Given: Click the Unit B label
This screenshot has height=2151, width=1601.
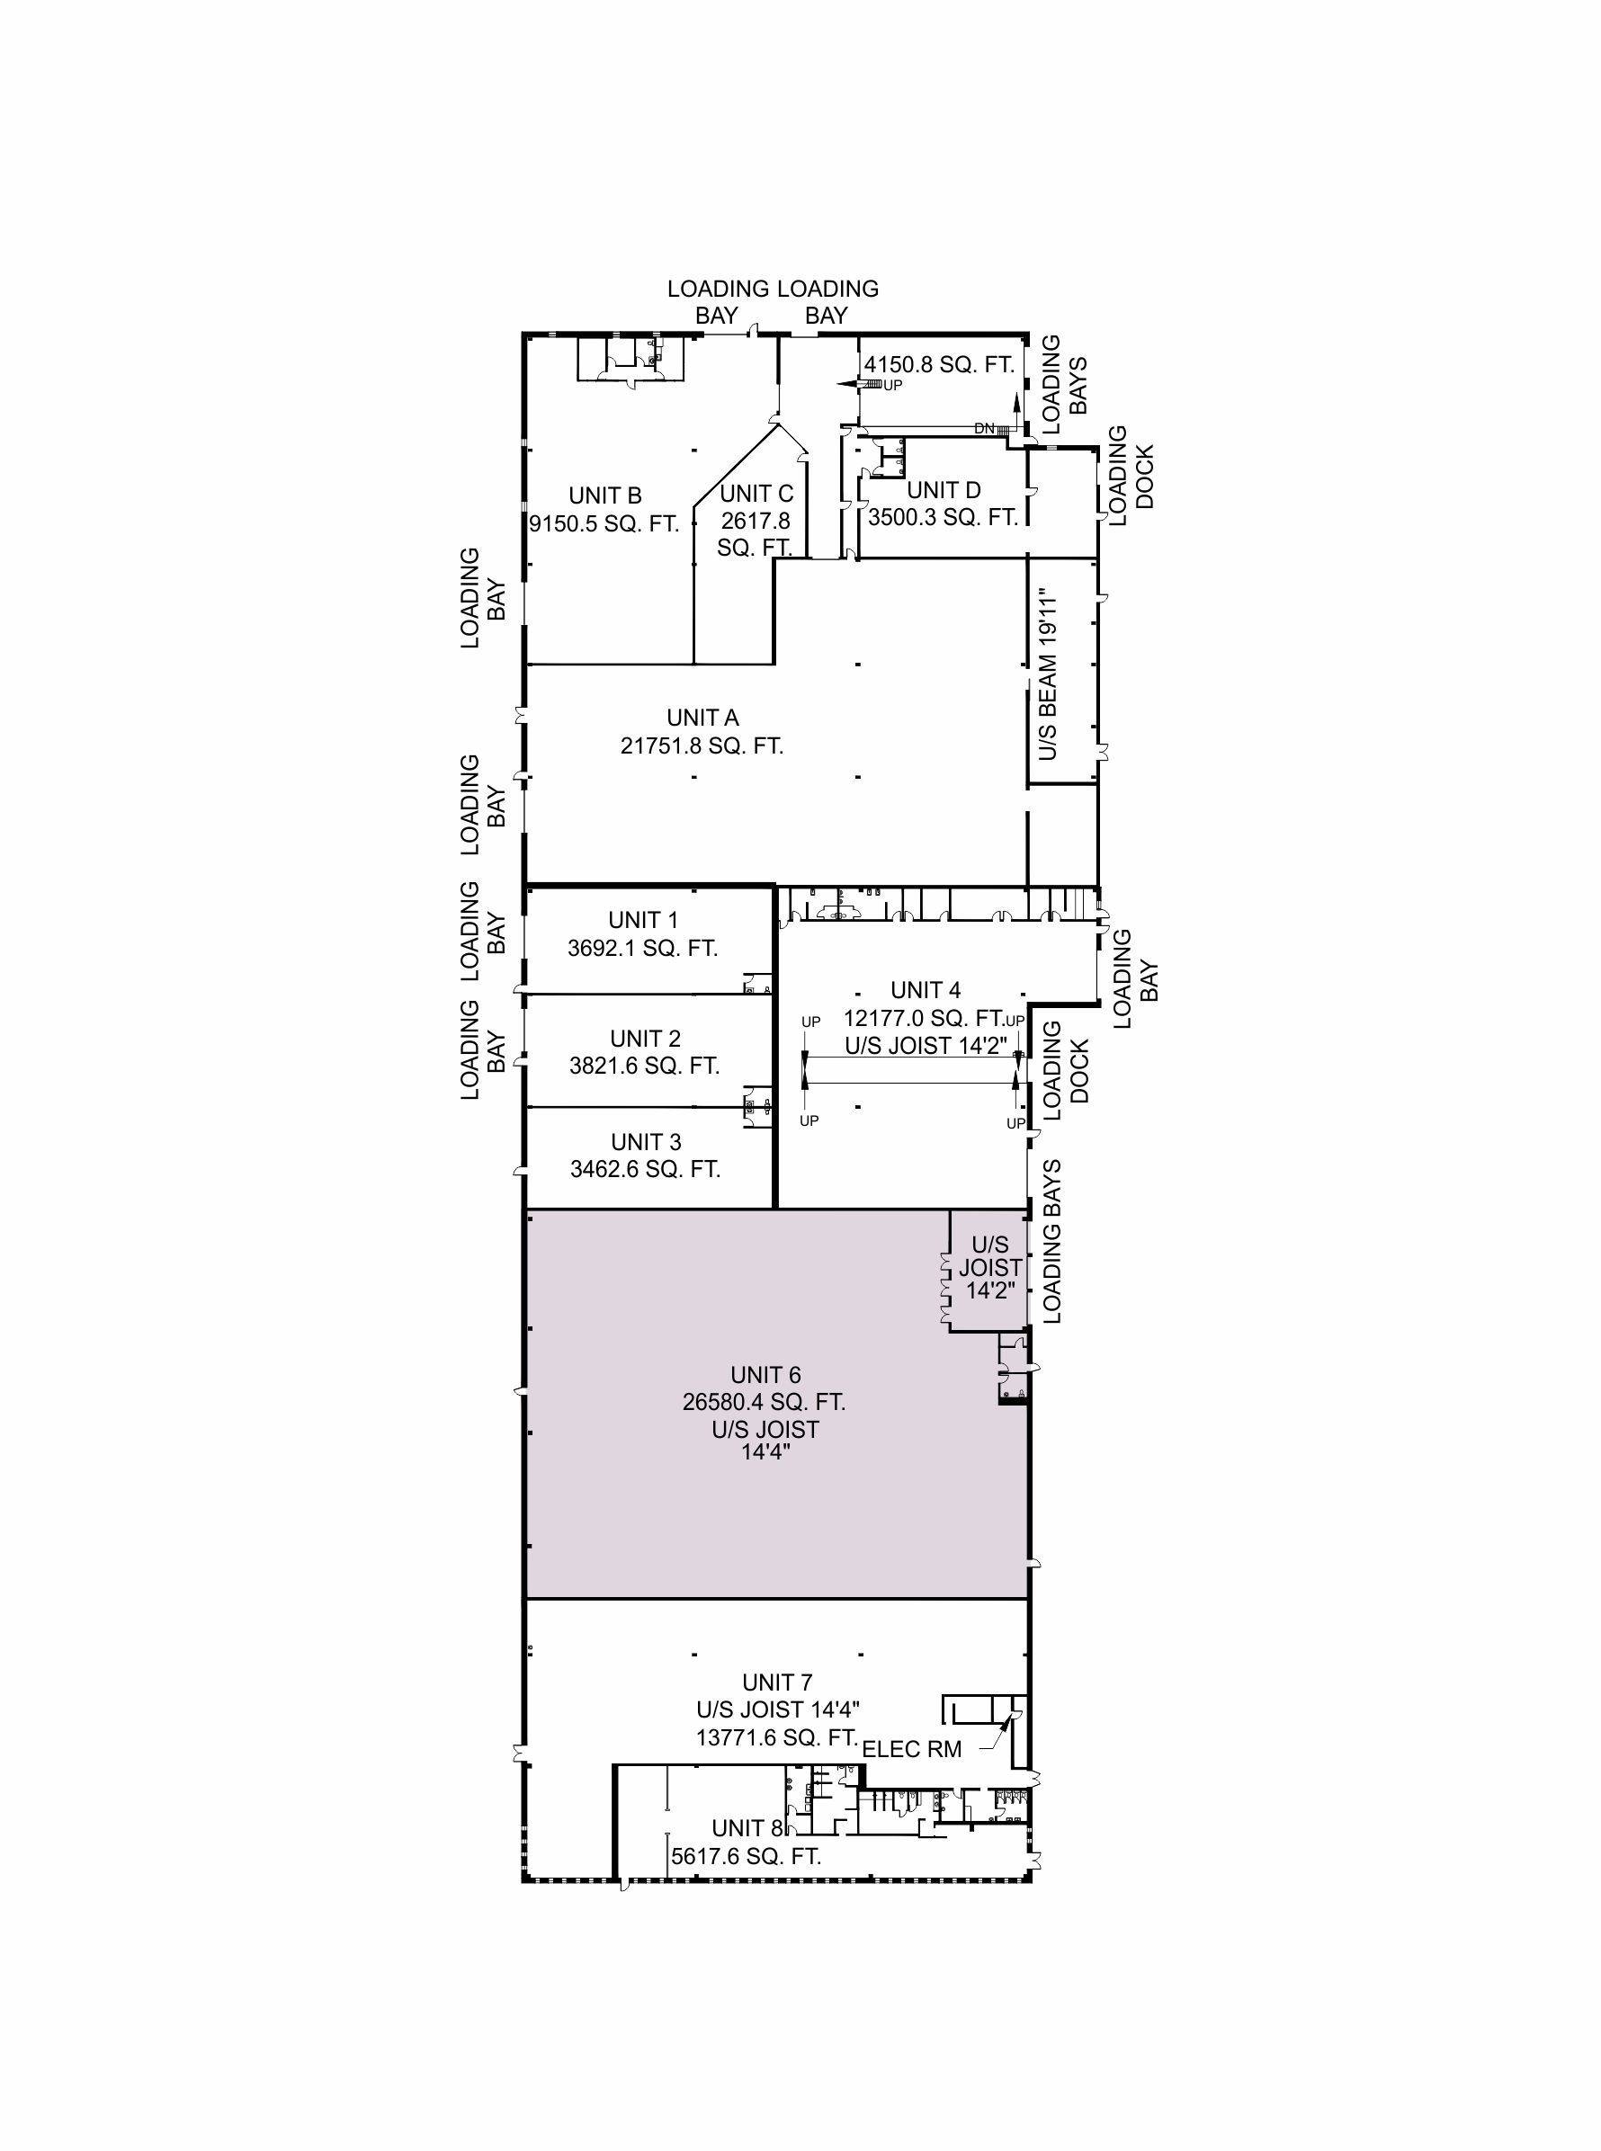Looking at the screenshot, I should point(604,496).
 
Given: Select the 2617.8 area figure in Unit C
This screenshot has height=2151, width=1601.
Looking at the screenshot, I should point(755,521).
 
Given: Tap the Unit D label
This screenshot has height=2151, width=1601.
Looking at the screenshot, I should point(943,490).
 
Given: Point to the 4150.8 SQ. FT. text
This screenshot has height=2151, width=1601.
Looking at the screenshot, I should point(938,365).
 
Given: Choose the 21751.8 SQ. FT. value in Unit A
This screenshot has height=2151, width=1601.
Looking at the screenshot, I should point(702,746).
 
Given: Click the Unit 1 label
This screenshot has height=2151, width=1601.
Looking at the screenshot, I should point(642,920).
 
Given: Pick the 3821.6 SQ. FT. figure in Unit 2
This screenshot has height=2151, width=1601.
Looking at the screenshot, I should point(645,1066).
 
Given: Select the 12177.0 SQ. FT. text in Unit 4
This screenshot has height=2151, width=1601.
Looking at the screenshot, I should point(924,1018).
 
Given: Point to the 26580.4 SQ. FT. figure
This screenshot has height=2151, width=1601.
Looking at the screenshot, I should point(764,1402).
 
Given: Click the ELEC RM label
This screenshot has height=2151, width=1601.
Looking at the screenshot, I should point(911,1749).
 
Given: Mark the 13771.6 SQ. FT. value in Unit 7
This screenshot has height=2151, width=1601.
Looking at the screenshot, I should point(777,1737).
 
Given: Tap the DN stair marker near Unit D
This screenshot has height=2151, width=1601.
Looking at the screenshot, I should point(985,428).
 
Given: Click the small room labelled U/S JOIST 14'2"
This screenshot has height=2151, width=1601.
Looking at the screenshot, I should point(989,1268).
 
